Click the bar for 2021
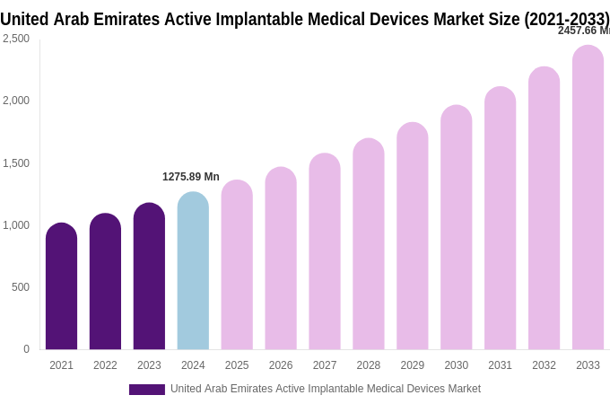pos(61,287)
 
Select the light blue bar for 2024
pos(193,271)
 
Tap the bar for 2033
pos(588,198)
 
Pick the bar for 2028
pos(368,244)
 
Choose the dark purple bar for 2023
pos(149,277)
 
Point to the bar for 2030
pos(456,228)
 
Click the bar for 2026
pos(281,259)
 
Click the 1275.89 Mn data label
pos(190,177)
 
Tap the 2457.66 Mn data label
pos(583,31)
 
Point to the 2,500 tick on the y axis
pos(16,39)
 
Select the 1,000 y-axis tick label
pos(16,225)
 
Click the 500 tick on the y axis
pos(20,287)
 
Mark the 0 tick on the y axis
pos(26,349)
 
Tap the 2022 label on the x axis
pos(105,365)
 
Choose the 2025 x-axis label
pos(237,365)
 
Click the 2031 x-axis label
pos(500,365)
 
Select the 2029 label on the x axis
pos(412,365)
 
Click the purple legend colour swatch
pos(146,390)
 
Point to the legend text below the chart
pos(326,389)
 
